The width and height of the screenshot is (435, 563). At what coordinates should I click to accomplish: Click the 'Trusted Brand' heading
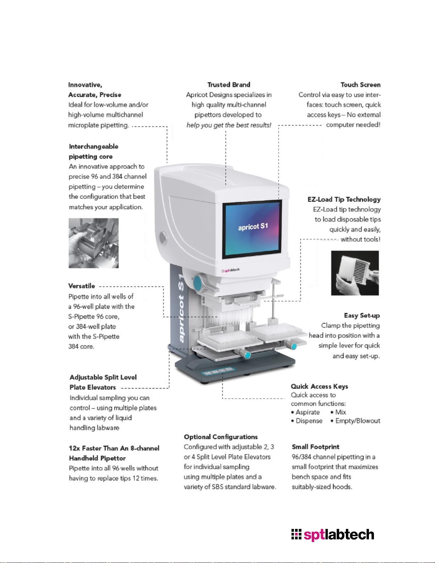point(229,85)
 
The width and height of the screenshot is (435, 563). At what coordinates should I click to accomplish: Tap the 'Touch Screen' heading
point(360,85)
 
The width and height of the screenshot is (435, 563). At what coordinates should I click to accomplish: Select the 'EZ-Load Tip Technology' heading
point(344,200)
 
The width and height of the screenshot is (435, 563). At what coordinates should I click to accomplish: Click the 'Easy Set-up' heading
point(362,315)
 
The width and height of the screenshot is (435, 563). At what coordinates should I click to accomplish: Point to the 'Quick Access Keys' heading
point(319,386)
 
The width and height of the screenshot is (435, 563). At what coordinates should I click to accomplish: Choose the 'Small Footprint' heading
point(315,447)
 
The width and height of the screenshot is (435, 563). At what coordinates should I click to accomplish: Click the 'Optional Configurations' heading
point(221,437)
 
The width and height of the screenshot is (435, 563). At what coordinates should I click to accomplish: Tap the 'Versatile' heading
point(82,286)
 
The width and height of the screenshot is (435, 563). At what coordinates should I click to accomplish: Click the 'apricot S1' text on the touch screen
point(253,227)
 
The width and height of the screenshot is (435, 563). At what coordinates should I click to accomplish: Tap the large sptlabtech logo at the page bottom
point(333,534)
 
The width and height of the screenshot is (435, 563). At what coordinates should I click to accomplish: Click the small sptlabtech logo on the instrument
point(230,270)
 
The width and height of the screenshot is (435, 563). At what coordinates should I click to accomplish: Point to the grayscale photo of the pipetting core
point(93,243)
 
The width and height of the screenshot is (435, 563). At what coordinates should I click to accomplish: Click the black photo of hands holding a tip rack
point(355,273)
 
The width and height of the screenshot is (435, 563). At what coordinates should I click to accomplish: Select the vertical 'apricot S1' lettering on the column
point(181,308)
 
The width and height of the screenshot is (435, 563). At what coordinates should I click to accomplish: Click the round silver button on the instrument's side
point(163,238)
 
